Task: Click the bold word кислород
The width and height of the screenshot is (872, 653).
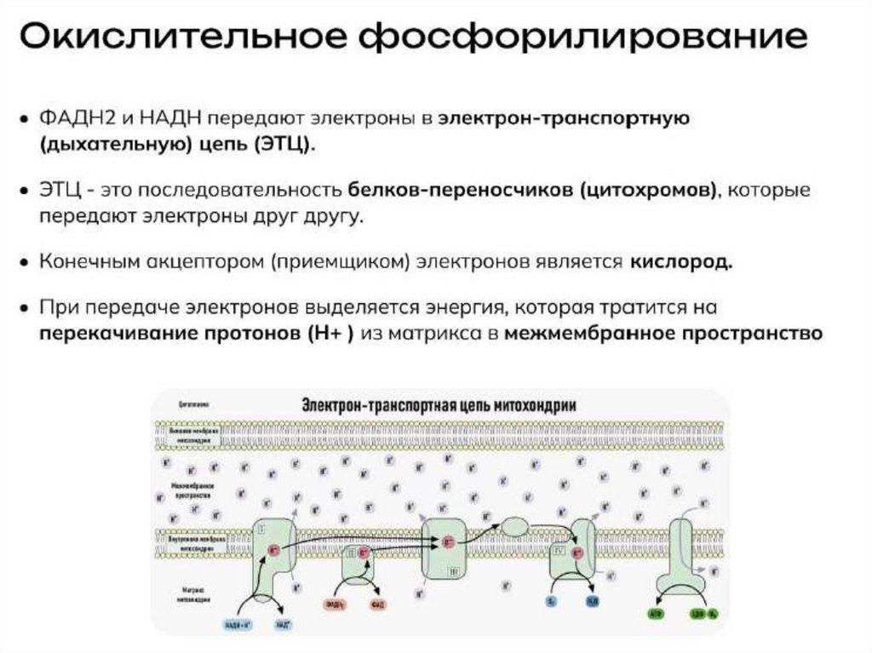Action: click(681, 262)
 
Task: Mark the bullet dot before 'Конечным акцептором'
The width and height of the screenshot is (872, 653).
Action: click(26, 262)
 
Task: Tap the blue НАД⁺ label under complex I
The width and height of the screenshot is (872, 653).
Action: click(282, 623)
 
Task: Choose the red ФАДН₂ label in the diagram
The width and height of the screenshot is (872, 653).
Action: click(335, 605)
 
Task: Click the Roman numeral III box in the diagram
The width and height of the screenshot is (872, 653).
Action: click(453, 566)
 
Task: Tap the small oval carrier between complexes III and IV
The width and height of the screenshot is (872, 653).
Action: click(515, 526)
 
